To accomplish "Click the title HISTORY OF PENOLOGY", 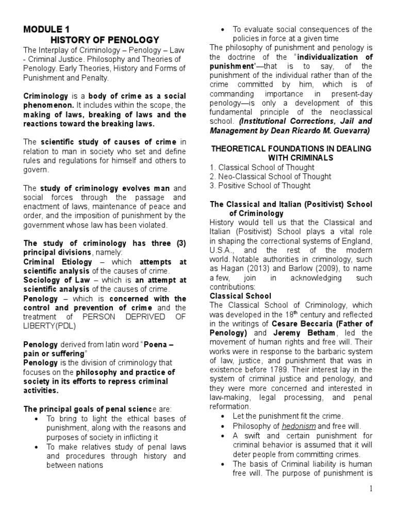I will (x=105, y=40).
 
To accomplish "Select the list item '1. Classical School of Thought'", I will (x=262, y=168).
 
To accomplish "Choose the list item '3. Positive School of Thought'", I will (x=260, y=186).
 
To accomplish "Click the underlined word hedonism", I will (x=295, y=426).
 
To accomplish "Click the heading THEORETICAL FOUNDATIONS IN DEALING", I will (x=291, y=148).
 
